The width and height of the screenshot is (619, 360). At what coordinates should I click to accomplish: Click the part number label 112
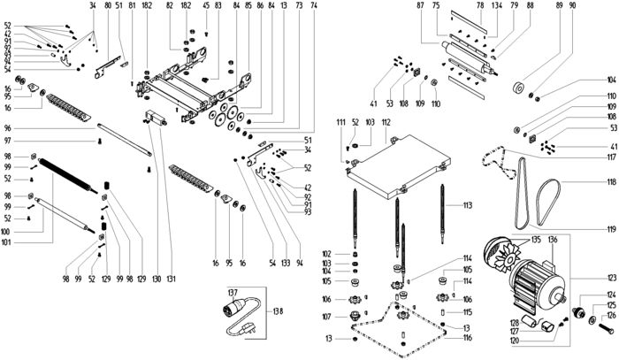(386, 120)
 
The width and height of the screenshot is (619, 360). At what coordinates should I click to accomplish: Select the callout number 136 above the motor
(553, 241)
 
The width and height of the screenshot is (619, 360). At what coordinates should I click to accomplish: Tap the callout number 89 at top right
(560, 5)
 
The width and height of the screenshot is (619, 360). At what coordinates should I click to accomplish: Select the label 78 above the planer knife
(479, 5)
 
